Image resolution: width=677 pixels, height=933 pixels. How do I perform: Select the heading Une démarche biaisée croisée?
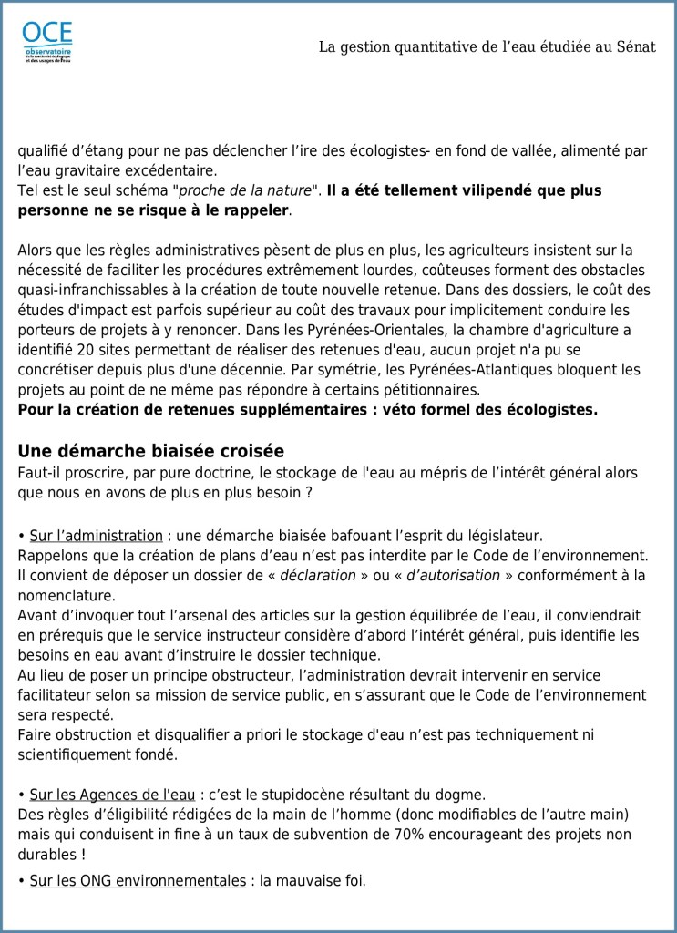tap(151, 451)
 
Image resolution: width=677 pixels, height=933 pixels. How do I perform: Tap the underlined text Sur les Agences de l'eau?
tap(113, 794)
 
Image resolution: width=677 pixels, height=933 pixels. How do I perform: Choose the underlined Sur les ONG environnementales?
tap(138, 880)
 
